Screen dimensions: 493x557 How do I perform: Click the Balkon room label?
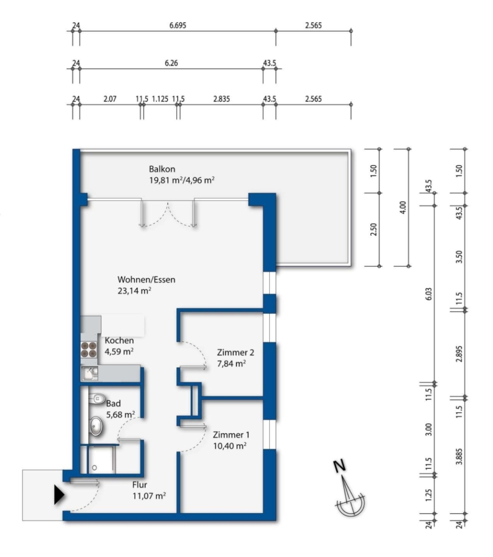click(162, 169)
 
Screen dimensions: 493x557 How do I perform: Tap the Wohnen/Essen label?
click(146, 280)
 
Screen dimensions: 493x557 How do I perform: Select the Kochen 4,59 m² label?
click(119, 346)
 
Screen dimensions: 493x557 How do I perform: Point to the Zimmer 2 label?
click(236, 353)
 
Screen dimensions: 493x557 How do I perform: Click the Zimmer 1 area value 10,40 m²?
click(230, 446)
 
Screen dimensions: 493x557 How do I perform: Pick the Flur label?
click(139, 485)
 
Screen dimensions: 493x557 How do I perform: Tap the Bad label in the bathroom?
click(114, 403)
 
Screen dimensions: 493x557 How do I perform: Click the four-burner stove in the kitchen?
click(89, 349)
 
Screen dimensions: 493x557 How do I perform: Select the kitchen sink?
click(90, 373)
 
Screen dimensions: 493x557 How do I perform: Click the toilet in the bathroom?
click(97, 399)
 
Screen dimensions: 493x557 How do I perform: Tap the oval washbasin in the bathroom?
click(96, 426)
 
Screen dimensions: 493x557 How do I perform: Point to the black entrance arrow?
click(59, 495)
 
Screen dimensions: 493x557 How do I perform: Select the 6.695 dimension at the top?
click(178, 25)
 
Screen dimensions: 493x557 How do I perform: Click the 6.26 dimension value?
click(171, 63)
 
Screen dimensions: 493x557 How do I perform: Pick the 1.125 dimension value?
click(160, 99)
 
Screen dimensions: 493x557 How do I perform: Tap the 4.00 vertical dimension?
click(403, 207)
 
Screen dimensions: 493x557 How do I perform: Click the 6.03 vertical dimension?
click(429, 294)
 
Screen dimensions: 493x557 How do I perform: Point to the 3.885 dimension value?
click(459, 456)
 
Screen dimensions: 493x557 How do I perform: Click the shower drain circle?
click(95, 468)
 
